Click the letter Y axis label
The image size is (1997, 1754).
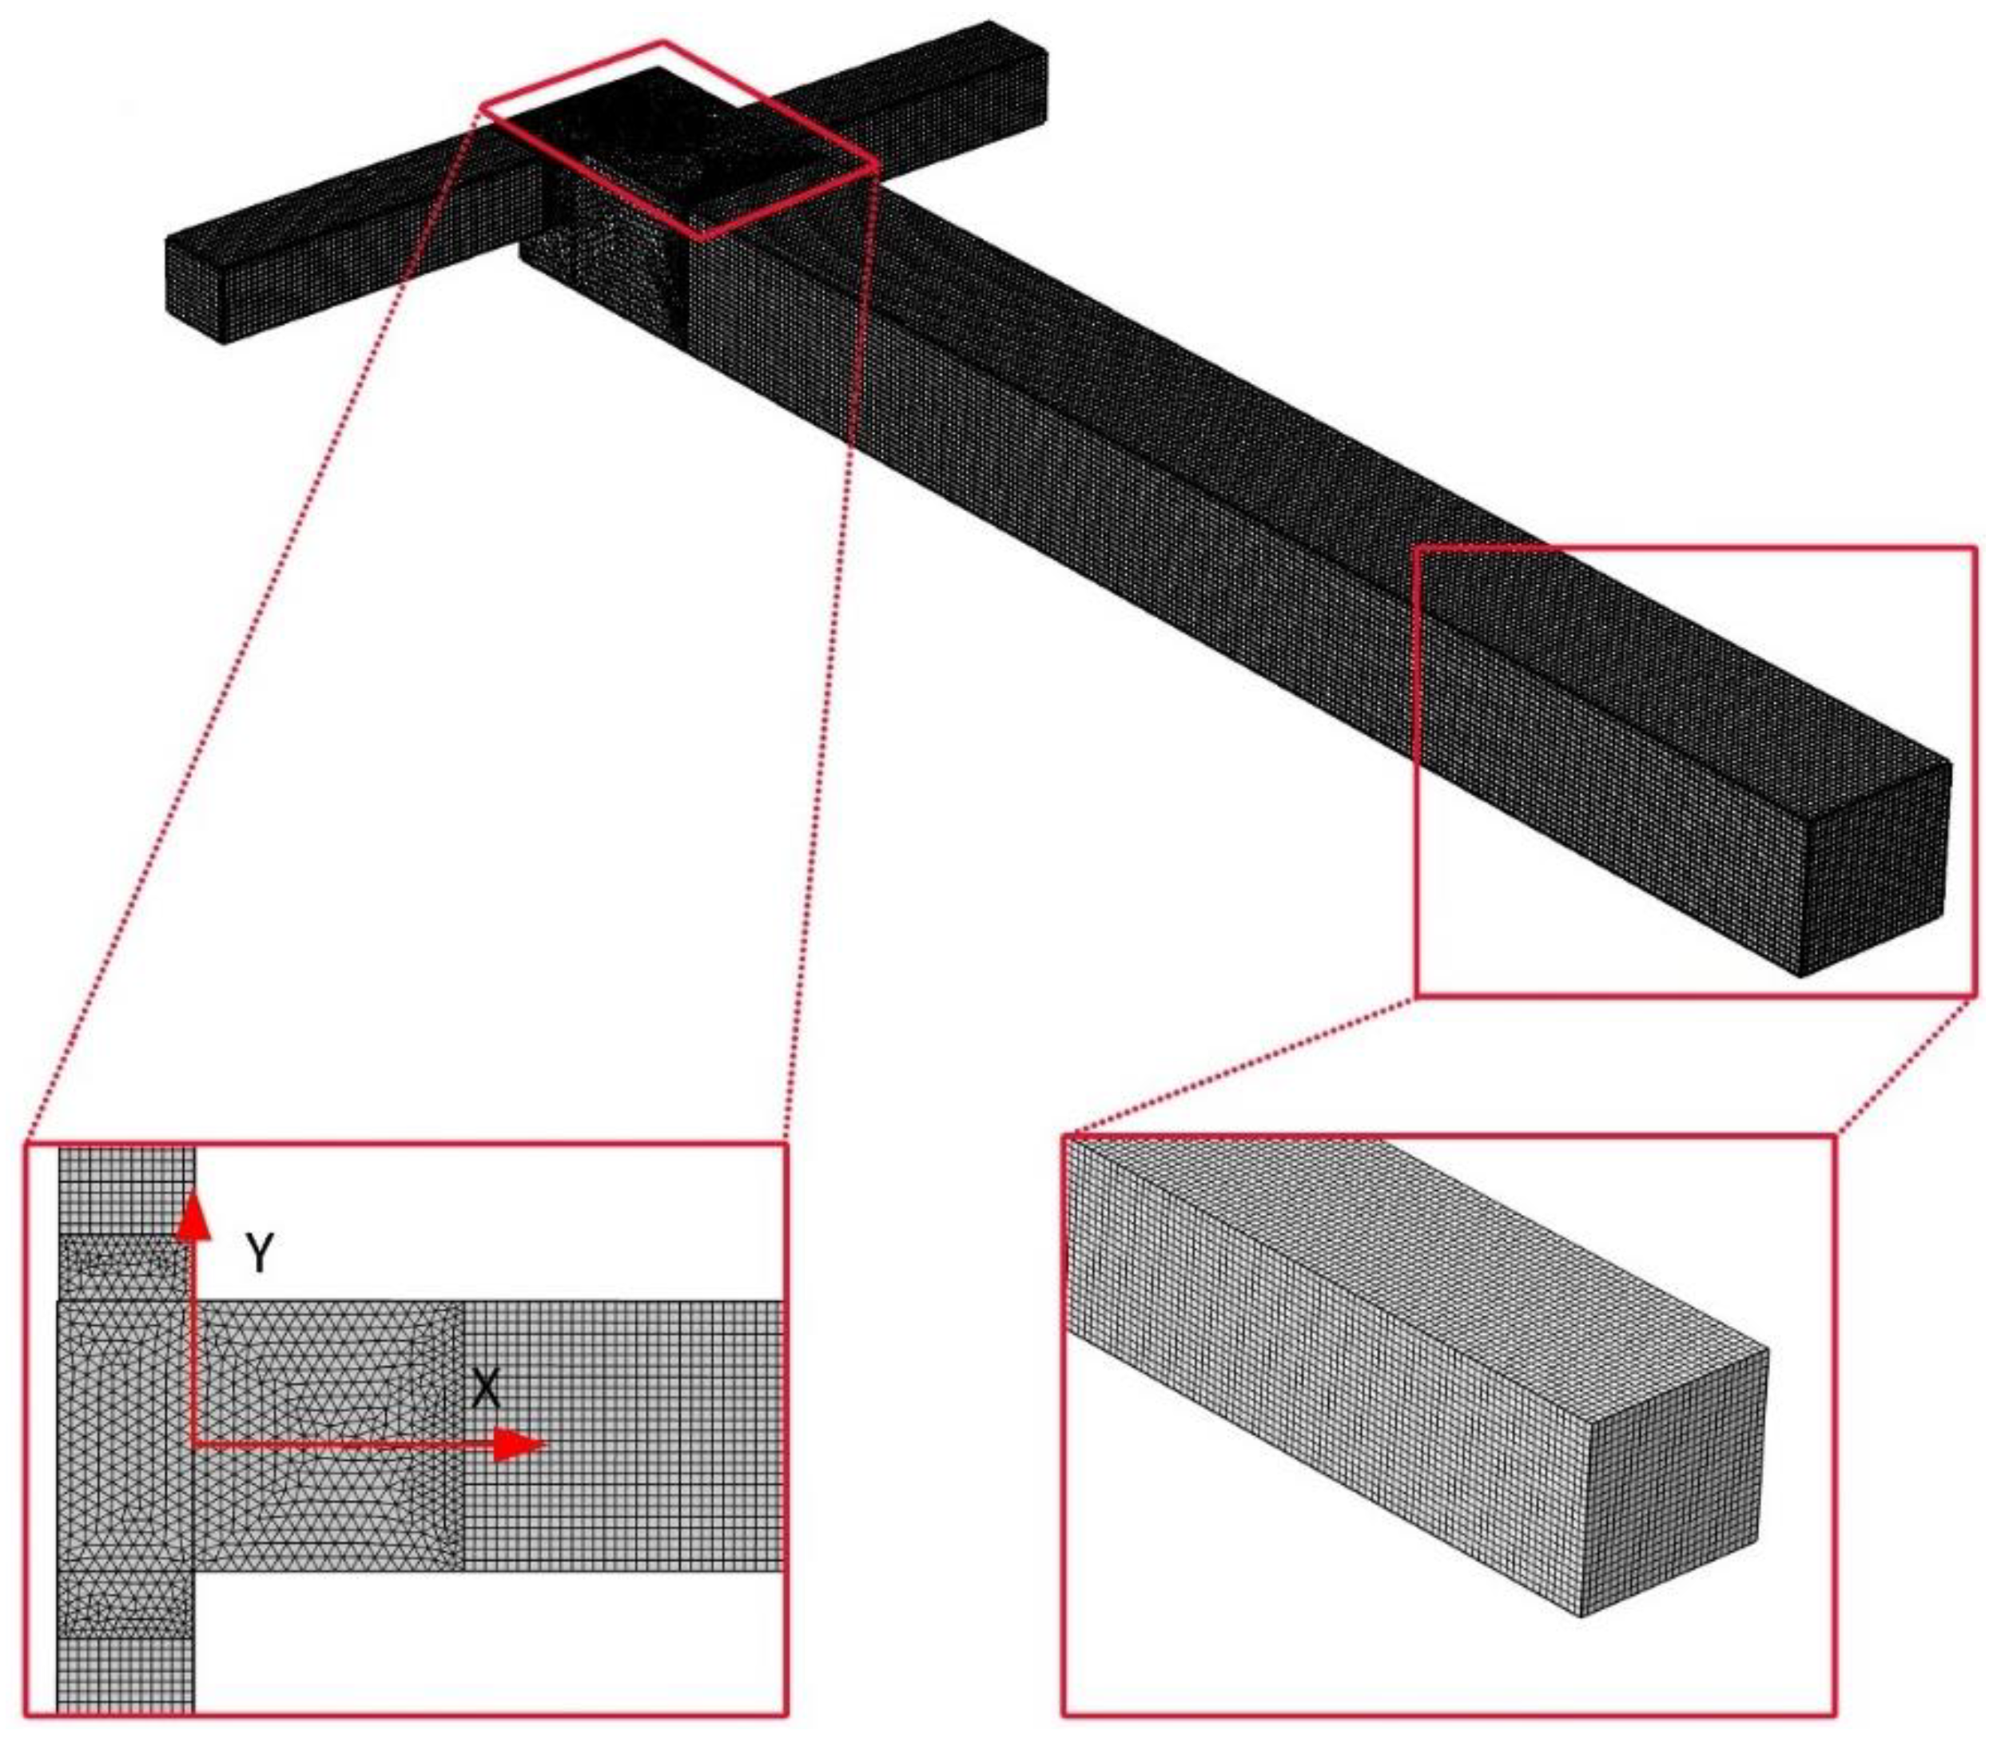point(259,1253)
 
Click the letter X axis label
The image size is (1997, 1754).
point(486,1387)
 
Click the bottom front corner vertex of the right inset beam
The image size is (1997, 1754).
point(1581,1617)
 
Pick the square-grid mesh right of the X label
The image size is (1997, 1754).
point(623,1435)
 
